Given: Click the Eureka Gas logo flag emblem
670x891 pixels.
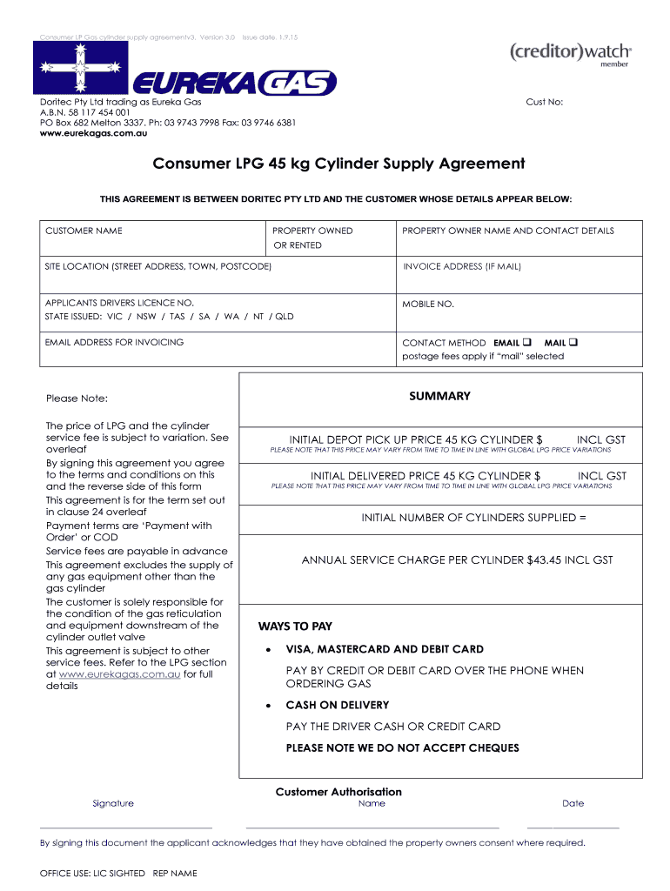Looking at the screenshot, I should (79, 67).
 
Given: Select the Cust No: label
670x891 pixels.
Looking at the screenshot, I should (545, 102).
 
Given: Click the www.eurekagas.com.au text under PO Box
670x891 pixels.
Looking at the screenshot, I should (93, 133).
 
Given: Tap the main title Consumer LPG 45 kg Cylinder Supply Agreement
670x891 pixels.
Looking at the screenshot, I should (338, 164).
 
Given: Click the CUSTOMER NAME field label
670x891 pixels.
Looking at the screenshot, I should (84, 231).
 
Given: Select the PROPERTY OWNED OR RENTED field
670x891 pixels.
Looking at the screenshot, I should (312, 238).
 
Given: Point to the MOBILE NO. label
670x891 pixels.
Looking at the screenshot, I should (428, 304).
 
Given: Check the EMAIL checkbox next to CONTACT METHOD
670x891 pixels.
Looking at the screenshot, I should (527, 342).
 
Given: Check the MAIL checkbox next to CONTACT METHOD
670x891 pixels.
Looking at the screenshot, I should (574, 342).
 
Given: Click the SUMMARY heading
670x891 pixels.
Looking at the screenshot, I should (439, 396).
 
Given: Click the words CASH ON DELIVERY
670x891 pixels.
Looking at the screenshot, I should (338, 705).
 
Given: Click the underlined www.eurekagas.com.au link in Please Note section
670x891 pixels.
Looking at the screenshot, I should (119, 673).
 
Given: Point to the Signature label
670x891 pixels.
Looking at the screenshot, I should (113, 803).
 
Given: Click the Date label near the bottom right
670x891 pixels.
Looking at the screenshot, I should (573, 803).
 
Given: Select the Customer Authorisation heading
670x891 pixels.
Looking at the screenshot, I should (338, 792).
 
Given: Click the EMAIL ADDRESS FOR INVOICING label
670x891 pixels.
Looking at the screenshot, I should (114, 342).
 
